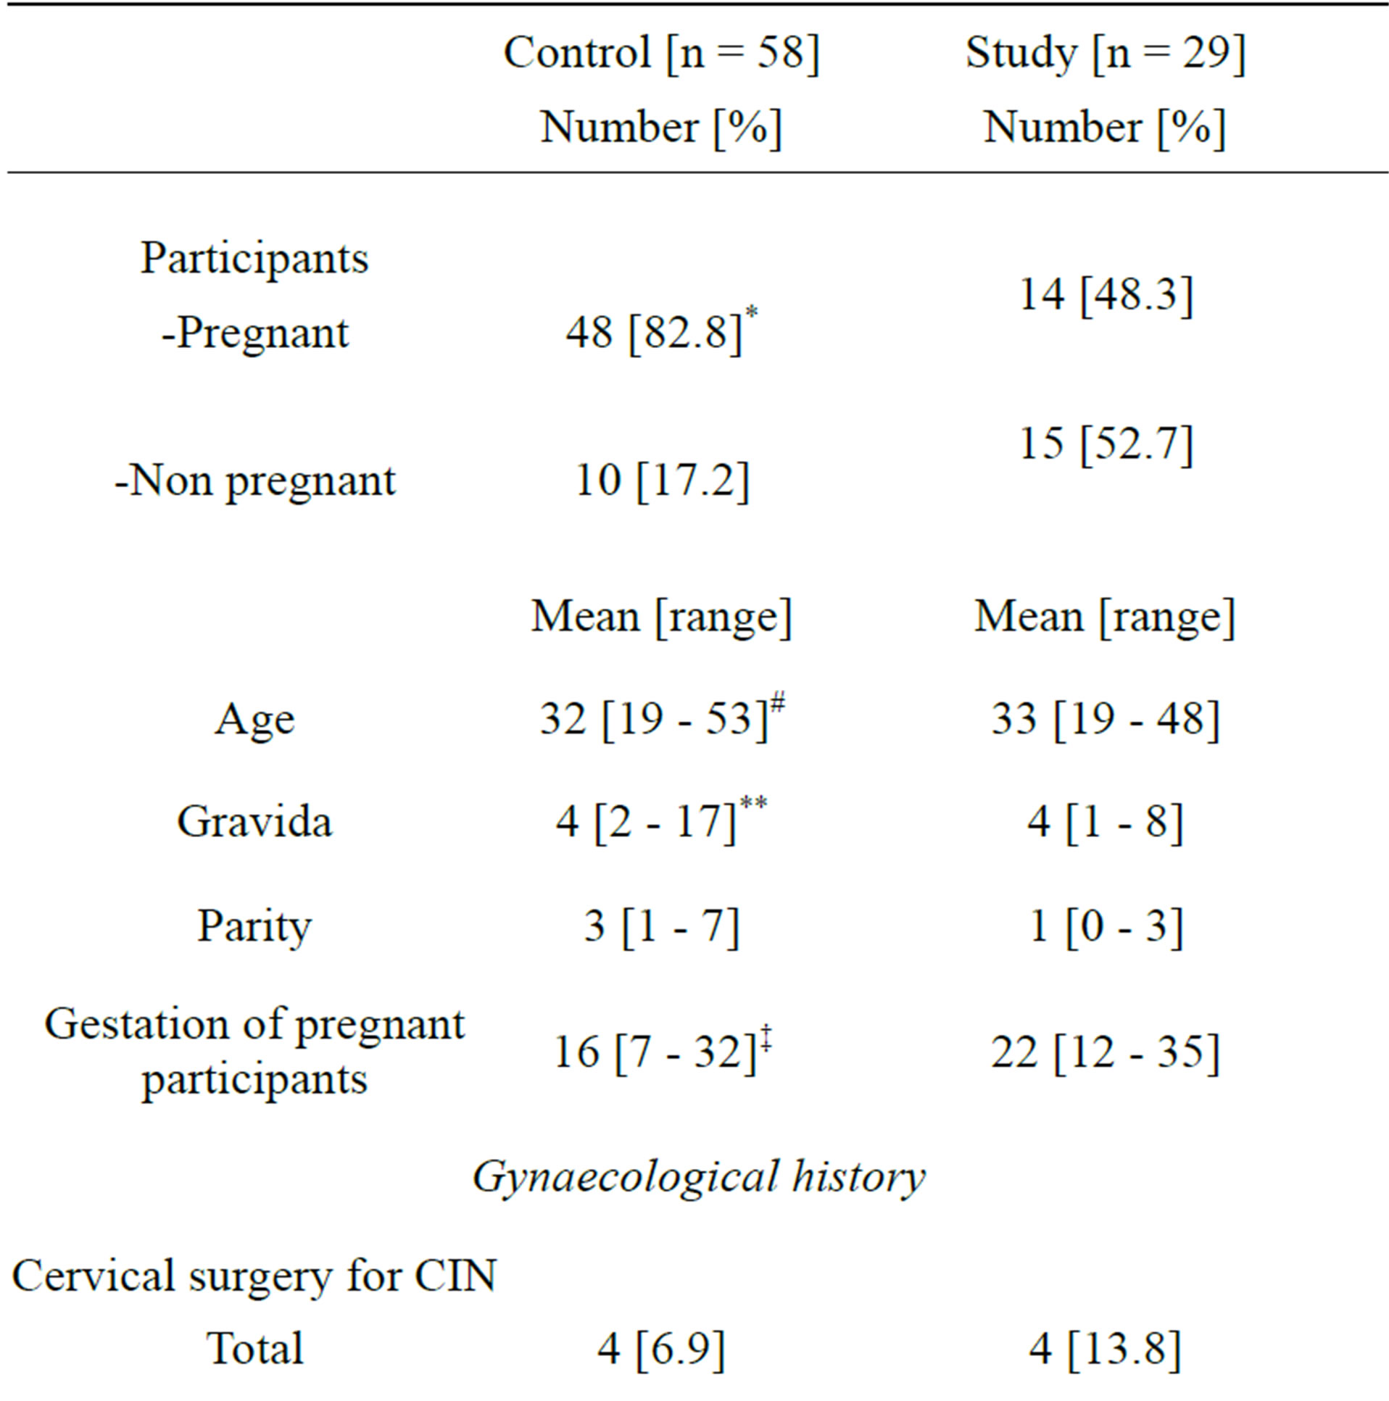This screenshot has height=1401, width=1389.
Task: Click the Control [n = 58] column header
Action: click(x=660, y=54)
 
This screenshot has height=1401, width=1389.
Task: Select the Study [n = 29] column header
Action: click(x=1105, y=54)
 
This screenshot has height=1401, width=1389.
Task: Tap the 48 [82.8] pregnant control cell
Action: click(x=655, y=333)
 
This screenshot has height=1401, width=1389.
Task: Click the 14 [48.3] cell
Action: click(x=1106, y=296)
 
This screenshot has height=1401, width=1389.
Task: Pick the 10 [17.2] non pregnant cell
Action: click(x=660, y=481)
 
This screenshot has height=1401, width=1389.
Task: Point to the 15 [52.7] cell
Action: click(x=1106, y=444)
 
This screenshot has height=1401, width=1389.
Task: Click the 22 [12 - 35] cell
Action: click(x=1106, y=1052)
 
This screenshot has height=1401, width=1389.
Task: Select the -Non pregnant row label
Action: click(x=254, y=481)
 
